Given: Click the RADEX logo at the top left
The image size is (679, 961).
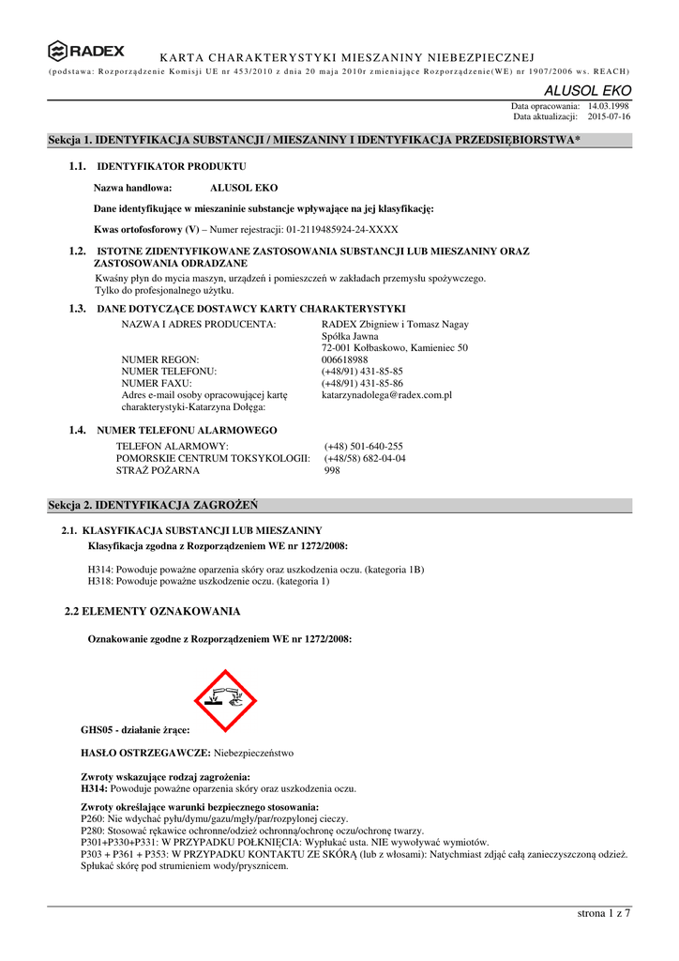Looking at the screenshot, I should [x=86, y=51].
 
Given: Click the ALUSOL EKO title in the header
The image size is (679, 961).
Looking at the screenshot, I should [x=589, y=91].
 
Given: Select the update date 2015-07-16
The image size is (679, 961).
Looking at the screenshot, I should [x=610, y=117].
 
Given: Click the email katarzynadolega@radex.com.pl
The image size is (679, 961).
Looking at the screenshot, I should [x=386, y=396].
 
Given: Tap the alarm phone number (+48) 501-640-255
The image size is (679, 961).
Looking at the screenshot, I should [x=364, y=447].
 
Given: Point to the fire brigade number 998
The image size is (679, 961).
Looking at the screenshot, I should [x=332, y=470].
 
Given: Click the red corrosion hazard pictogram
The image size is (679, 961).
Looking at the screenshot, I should [x=225, y=700].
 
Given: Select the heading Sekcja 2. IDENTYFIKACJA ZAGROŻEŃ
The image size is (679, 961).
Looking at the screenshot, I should [x=153, y=506].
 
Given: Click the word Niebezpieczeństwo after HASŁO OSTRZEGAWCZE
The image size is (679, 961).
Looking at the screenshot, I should [x=254, y=753].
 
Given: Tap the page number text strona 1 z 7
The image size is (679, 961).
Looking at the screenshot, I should [x=606, y=915].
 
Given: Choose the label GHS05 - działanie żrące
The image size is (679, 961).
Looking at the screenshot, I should [x=136, y=729].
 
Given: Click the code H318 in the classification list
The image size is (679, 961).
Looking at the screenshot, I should [x=100, y=582].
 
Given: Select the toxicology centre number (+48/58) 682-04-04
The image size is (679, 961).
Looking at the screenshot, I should [x=365, y=458].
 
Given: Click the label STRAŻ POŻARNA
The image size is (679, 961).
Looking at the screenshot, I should [x=152, y=470].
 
